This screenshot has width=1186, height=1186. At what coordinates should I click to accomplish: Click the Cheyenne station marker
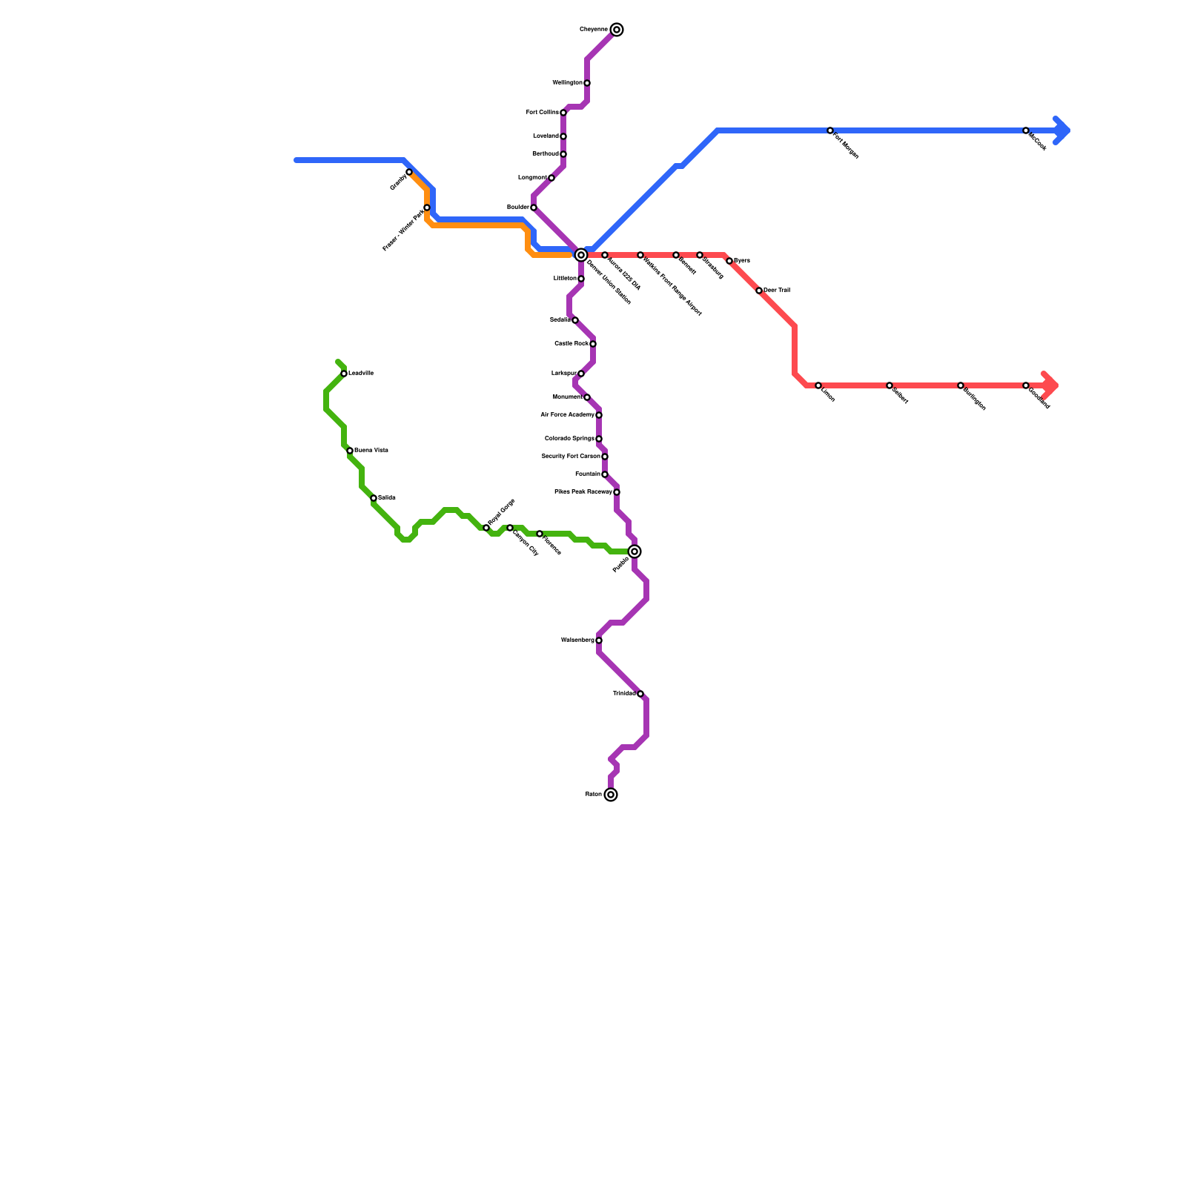tap(617, 30)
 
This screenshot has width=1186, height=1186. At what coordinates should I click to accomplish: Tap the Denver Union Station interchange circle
tap(581, 255)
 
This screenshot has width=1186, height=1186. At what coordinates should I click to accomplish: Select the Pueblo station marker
tap(635, 551)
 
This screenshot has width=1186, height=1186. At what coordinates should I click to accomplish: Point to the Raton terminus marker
tap(611, 795)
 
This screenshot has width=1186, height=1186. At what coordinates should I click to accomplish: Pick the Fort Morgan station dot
tap(830, 130)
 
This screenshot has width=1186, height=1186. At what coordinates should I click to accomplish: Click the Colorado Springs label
tap(569, 439)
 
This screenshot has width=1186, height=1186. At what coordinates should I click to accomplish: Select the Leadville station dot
tap(344, 374)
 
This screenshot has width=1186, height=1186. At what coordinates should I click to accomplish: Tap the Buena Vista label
tap(371, 451)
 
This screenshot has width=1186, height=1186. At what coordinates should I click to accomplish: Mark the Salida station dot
tap(374, 498)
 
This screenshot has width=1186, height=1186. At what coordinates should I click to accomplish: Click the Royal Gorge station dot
tap(486, 528)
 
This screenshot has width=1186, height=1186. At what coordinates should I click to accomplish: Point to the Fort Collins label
tap(542, 113)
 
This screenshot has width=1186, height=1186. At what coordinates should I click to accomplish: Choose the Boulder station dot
tap(534, 208)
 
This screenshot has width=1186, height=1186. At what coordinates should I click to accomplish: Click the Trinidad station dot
tap(640, 694)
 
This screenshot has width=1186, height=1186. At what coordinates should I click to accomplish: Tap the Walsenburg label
tap(577, 640)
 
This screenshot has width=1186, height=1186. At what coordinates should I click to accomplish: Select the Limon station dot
tap(818, 385)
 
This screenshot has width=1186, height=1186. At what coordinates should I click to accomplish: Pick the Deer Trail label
tap(777, 291)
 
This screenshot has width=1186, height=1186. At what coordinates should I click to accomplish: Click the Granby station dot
tap(409, 172)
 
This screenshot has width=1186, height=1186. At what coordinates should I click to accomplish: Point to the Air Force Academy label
tap(567, 415)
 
